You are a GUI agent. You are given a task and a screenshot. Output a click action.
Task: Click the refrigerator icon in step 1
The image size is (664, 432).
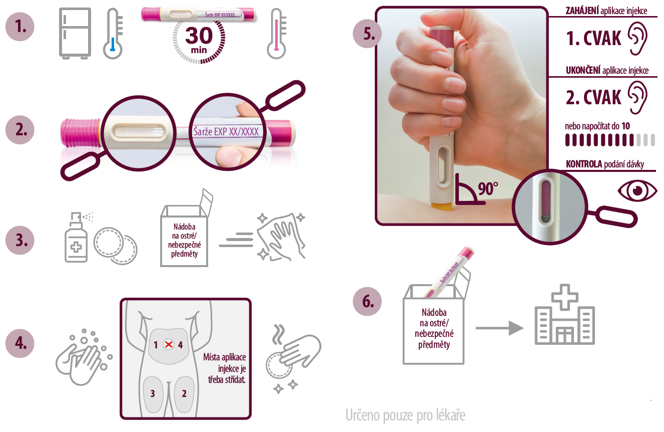coord(75,33)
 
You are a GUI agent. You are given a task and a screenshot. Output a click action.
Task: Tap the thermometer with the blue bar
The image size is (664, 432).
coord(113,33)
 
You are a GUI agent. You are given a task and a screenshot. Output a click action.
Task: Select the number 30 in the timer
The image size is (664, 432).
coord(199,36)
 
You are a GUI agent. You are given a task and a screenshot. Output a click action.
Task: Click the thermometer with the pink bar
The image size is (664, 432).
coord(277,33)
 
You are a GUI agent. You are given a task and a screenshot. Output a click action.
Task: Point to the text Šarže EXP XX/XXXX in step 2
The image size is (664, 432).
coord(226,131)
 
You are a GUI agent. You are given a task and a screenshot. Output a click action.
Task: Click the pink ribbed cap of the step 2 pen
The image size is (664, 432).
coord(80,132)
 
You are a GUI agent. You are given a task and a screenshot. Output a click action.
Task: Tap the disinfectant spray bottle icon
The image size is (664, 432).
coord(77,237)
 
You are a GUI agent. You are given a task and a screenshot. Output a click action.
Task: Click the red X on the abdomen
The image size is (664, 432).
coord(169,344)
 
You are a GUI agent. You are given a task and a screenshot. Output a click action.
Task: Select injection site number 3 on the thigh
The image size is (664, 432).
coord(153,394)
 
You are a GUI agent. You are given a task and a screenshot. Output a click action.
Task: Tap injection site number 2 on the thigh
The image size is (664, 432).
coord(184,394)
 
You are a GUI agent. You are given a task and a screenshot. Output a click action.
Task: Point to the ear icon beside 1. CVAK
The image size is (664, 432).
coord(637,38)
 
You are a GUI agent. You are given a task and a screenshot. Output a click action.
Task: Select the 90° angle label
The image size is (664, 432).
coord(488,188)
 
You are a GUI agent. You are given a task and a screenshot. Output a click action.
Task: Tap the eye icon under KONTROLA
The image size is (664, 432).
coord(637,190)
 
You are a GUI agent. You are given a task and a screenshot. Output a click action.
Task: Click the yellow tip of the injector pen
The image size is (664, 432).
coord(441,206)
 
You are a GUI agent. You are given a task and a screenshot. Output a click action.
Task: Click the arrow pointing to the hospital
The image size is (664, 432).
coord(499,328)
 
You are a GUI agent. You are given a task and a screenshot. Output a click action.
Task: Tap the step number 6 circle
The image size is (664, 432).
coord(367,301)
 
